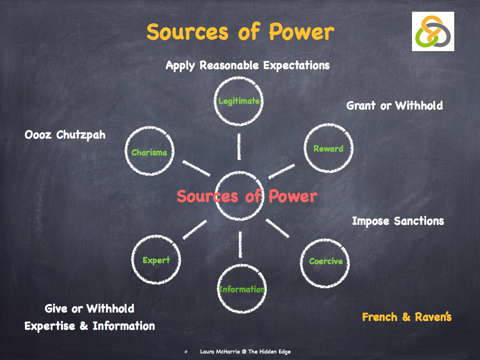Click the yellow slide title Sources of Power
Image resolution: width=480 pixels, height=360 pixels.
click(x=240, y=32)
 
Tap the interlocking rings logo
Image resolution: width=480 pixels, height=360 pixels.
click(x=433, y=31)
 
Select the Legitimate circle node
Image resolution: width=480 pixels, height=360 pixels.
click(x=239, y=101)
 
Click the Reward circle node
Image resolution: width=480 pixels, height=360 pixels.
click(x=328, y=149)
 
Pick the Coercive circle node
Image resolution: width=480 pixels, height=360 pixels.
click(x=325, y=261)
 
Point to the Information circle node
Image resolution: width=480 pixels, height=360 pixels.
click(x=241, y=289)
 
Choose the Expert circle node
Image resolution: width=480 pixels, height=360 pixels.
click(x=156, y=260)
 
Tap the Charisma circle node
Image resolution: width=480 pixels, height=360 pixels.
click(x=149, y=152)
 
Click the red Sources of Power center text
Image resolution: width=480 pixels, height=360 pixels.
click(x=247, y=196)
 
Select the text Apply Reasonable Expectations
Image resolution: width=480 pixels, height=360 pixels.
click(x=247, y=65)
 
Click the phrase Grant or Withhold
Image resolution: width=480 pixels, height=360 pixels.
click(x=394, y=105)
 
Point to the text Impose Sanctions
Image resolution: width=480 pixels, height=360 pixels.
click(x=397, y=221)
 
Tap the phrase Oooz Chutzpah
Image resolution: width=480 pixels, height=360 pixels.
click(x=65, y=135)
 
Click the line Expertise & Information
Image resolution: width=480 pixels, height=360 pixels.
click(x=90, y=326)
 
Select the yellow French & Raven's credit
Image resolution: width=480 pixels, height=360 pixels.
click(x=406, y=317)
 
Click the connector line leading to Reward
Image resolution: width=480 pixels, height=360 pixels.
click(x=281, y=171)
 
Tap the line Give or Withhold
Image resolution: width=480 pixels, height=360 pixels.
click(x=90, y=308)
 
